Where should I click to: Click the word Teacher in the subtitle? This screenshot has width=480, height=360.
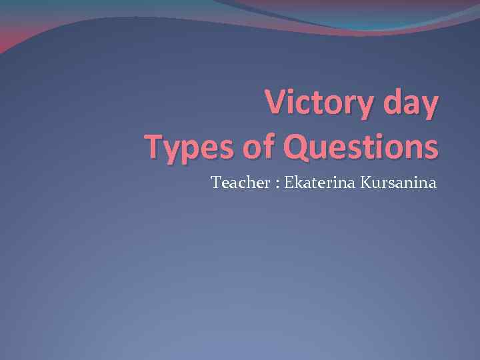point(234,182)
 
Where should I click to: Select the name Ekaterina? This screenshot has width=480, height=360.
point(317,182)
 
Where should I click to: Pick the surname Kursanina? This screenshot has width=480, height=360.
point(399,182)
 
